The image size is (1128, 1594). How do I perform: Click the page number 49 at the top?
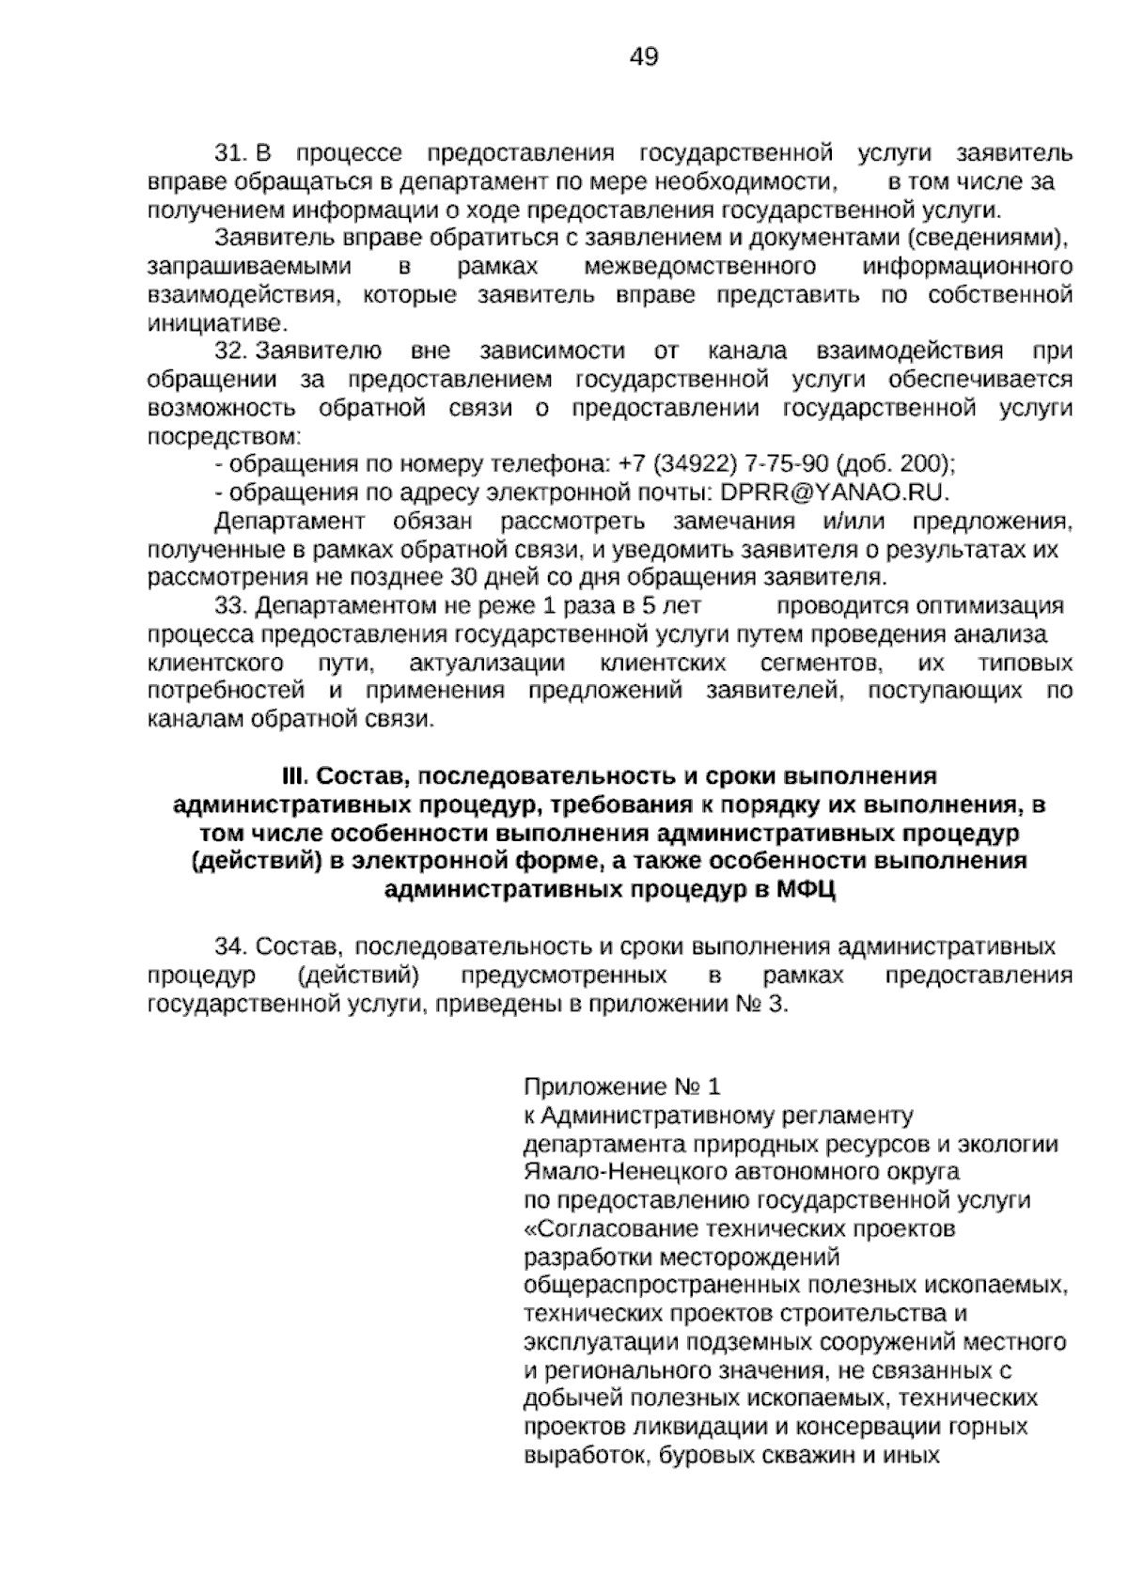[643, 57]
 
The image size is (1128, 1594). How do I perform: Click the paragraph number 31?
[231, 153]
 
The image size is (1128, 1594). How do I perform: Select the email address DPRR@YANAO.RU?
[835, 492]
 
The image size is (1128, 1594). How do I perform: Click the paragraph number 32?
[231, 352]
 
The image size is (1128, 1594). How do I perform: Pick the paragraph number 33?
[231, 605]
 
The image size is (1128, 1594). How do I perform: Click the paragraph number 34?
[231, 945]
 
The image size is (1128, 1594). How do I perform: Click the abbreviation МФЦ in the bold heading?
[807, 890]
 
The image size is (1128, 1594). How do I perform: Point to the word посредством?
[224, 437]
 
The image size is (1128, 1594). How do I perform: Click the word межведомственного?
[699, 267]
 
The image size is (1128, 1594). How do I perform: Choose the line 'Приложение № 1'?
[621, 1087]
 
